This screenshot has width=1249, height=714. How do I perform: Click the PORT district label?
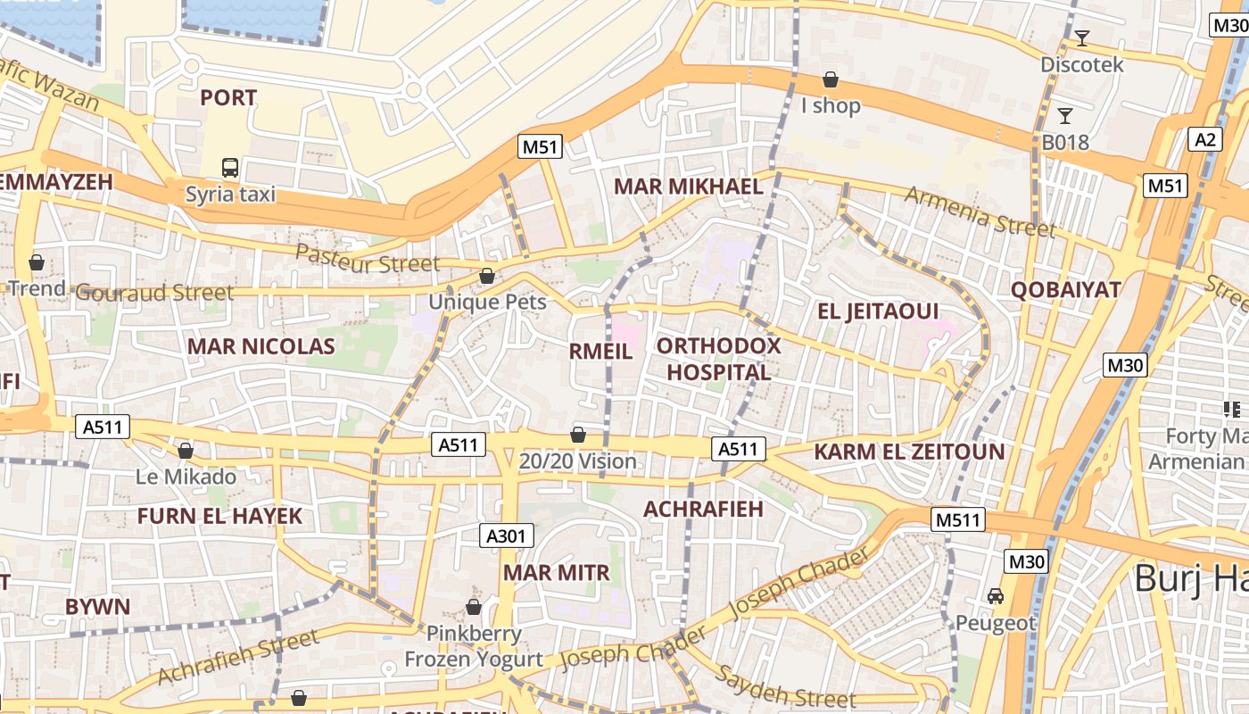click(x=228, y=98)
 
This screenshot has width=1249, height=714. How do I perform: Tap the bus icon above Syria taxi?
click(x=230, y=167)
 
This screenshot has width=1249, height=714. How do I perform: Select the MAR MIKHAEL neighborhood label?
click(x=689, y=187)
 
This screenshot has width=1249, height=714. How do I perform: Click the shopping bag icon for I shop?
click(x=831, y=79)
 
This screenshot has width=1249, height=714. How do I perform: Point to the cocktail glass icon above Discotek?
click(x=1082, y=37)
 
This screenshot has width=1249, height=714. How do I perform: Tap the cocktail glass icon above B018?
click(x=1064, y=115)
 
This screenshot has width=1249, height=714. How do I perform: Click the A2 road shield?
click(x=1205, y=139)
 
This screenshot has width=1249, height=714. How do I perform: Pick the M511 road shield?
click(x=958, y=519)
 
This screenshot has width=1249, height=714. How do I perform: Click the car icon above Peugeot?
click(x=996, y=595)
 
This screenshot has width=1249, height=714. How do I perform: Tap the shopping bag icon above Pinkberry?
click(x=474, y=607)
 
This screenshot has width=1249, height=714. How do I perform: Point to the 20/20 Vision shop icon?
click(x=578, y=435)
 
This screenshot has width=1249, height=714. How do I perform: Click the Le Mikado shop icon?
click(x=186, y=451)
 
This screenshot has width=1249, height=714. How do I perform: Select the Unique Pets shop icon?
click(x=487, y=276)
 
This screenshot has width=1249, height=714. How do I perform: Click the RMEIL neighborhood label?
click(x=600, y=352)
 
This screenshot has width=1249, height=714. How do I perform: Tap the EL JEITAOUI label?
click(x=878, y=311)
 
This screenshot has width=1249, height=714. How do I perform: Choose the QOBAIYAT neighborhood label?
click(x=1065, y=290)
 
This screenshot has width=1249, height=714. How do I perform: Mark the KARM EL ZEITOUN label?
click(x=909, y=452)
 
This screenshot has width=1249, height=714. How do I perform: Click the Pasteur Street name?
click(x=368, y=259)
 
